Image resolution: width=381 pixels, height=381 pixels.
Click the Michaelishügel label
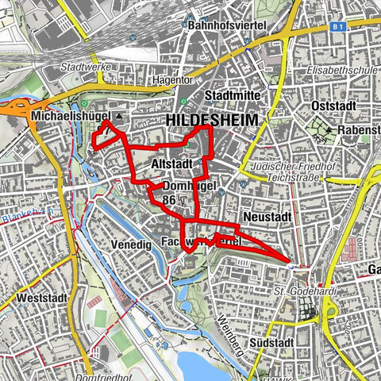pos(69,117)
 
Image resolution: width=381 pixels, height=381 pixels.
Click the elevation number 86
pos(168,201)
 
